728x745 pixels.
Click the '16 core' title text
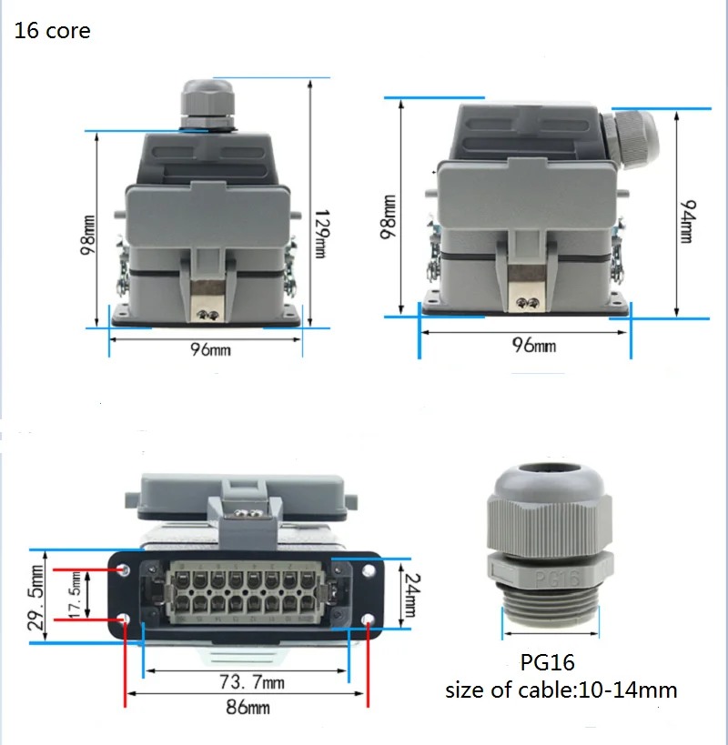click(52, 31)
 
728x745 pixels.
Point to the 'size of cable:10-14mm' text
click(561, 690)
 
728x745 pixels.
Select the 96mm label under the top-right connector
click(533, 346)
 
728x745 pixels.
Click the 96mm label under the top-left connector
click(209, 349)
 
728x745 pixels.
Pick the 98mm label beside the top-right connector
click(389, 216)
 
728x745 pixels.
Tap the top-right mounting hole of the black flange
click(368, 570)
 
